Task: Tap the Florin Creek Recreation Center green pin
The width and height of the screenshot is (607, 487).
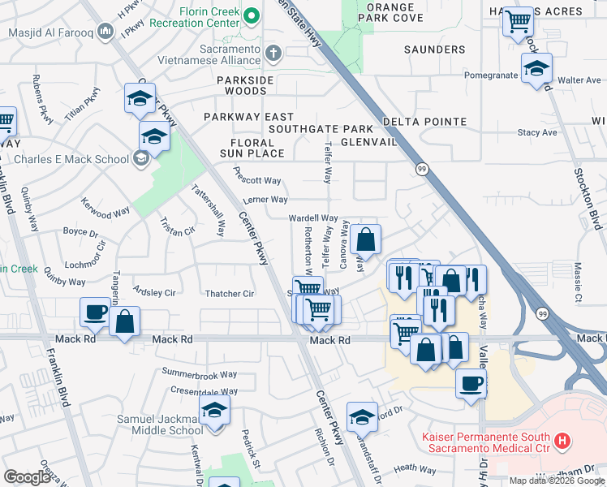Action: coord(252,15)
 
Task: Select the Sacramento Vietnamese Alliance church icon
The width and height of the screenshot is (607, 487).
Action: coord(274,54)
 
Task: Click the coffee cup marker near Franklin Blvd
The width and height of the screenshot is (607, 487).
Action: coord(96,313)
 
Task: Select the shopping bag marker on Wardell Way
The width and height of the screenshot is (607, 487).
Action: coord(366,240)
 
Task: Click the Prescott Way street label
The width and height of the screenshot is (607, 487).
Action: coord(257,180)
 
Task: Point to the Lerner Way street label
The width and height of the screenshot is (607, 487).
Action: coord(266,200)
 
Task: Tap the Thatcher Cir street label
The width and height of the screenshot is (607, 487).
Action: coord(230,294)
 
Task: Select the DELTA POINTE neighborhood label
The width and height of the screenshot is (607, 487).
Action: coord(425,122)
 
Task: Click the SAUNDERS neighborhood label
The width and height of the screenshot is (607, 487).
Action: coord(434,50)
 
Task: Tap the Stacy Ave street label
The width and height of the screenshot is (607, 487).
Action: coord(537,132)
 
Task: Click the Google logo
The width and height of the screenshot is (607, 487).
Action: coord(27,477)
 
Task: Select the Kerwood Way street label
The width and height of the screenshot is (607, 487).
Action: coord(105,213)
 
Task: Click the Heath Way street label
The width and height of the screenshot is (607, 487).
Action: coord(415,468)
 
